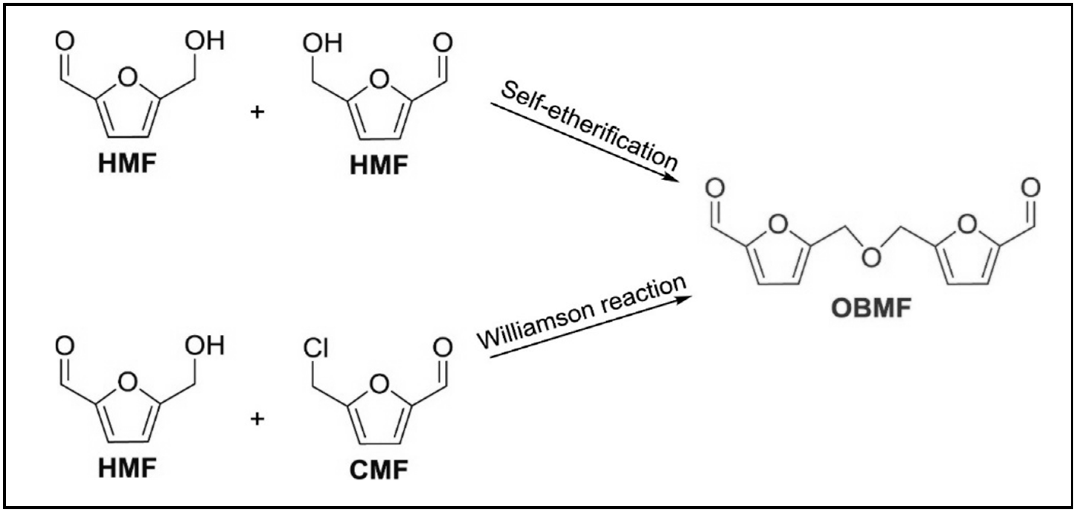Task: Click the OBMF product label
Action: coord(871,308)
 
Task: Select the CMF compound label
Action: coord(379,470)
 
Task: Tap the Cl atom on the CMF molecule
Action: coord(316,348)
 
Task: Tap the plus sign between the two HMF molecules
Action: coord(257,111)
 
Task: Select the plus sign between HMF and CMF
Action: coord(257,418)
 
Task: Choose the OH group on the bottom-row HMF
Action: coord(205,346)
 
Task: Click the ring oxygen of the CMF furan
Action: coord(379,384)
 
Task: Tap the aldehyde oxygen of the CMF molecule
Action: coord(443,347)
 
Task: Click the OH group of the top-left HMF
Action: coord(205,41)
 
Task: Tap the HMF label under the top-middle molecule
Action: coord(379,165)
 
